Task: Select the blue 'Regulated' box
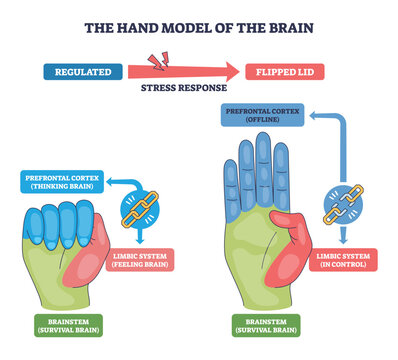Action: (83, 72)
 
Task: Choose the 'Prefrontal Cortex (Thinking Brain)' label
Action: (61, 182)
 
